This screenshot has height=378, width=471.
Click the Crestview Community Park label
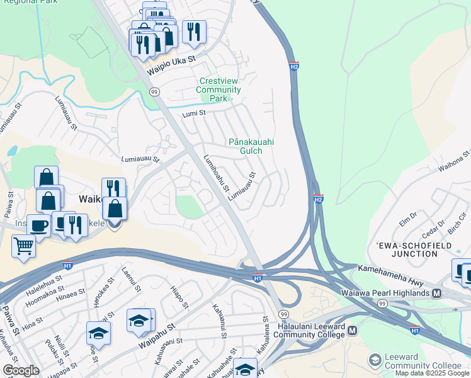click(x=218, y=90)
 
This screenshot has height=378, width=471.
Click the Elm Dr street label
click(x=409, y=219)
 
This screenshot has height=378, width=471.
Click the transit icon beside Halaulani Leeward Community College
click(x=353, y=330)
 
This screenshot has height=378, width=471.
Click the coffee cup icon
click(x=38, y=224)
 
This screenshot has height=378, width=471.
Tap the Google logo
click(x=21, y=370)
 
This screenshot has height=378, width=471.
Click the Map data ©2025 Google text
click(x=432, y=373)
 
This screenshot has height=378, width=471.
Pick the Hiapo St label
click(x=179, y=296)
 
